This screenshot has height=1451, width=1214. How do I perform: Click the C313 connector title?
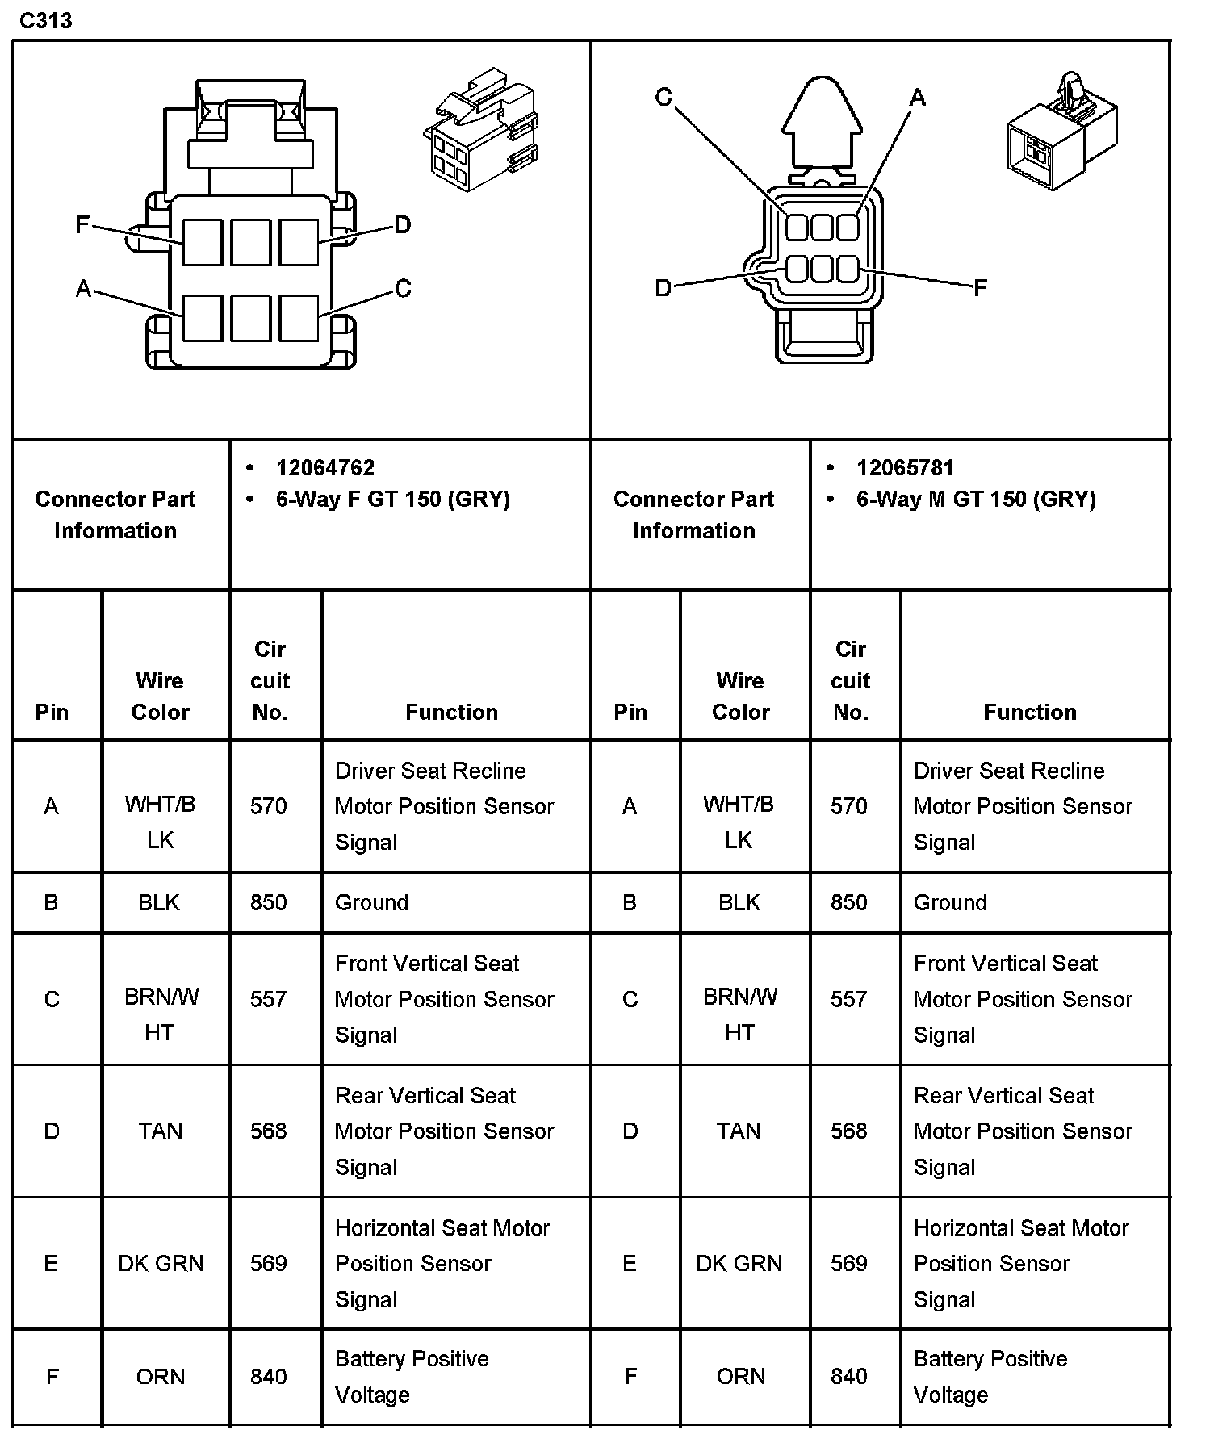tap(46, 21)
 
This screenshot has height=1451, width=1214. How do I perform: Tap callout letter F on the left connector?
tap(82, 224)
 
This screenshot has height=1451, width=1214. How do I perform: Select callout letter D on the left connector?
tap(403, 224)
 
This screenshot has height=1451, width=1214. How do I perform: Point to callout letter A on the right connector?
tap(918, 98)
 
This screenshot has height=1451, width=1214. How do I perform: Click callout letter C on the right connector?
tap(664, 98)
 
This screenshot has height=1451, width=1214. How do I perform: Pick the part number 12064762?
tap(325, 468)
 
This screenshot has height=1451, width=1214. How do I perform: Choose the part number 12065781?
tap(905, 468)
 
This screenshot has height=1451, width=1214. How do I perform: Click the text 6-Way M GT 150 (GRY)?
tap(976, 500)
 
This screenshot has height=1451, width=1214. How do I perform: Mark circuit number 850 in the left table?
tap(269, 902)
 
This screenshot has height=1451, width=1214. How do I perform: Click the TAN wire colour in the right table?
tap(739, 1131)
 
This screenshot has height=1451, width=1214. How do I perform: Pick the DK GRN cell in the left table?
tap(161, 1263)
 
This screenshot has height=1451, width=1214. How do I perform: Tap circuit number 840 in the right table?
tap(849, 1376)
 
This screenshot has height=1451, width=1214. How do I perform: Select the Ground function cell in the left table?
tap(372, 902)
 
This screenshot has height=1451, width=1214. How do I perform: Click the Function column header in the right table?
tap(1030, 712)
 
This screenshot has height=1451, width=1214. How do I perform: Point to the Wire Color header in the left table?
tap(160, 696)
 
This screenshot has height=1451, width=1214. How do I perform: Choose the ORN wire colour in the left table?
tap(161, 1376)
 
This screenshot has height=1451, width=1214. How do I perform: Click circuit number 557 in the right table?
tap(849, 999)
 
